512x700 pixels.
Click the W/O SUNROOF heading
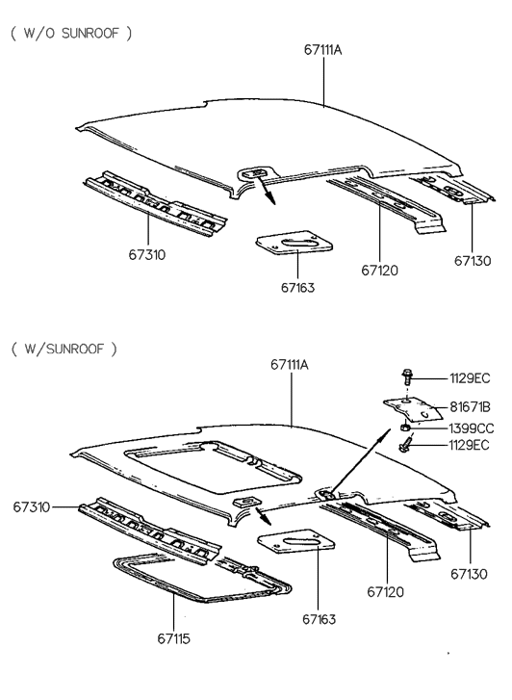tap(71, 33)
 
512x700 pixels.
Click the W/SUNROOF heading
tap(64, 349)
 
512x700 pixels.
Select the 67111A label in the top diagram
tap(322, 49)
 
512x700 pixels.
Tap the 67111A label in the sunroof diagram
tap(290, 365)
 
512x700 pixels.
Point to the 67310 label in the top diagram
tap(147, 255)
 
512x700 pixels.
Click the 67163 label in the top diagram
tap(297, 288)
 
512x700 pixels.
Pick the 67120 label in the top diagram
tap(379, 271)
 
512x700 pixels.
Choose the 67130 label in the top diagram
tap(473, 261)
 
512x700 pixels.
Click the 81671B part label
tap(470, 406)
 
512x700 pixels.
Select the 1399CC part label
tap(472, 428)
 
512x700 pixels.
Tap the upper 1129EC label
tap(470, 378)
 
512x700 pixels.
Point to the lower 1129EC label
tap(469, 445)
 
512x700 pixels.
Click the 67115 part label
tap(173, 638)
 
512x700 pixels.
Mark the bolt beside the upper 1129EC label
tap(407, 377)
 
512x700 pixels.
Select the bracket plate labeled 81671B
tap(413, 409)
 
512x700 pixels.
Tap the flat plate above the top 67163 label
tap(294, 244)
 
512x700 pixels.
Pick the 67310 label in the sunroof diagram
tap(31, 507)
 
